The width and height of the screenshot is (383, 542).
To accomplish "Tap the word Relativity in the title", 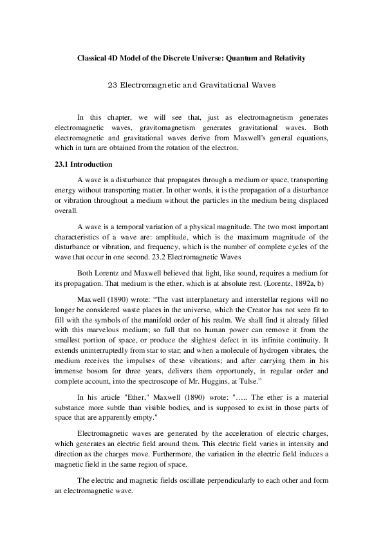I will [287, 58].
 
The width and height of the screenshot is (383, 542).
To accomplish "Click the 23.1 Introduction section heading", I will [84, 164].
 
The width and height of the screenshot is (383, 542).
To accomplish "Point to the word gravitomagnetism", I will [166, 128].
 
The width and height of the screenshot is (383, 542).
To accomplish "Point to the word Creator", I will [248, 310].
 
